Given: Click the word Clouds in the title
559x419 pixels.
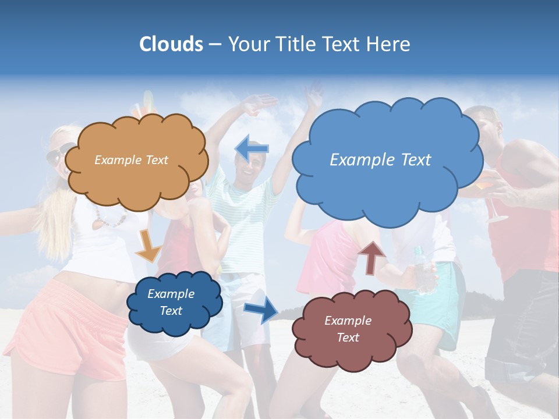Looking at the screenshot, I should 171,44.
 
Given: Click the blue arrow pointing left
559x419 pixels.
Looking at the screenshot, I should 252,148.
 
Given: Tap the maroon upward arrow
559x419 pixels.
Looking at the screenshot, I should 372,257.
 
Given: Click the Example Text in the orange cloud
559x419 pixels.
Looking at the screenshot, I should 131,160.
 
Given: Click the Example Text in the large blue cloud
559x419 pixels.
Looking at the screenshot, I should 380,160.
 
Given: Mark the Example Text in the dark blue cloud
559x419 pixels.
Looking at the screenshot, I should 171,302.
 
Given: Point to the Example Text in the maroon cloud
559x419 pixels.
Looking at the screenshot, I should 348,329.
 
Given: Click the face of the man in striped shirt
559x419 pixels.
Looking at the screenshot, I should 250,166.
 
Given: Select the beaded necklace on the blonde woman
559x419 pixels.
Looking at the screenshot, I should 111,219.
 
